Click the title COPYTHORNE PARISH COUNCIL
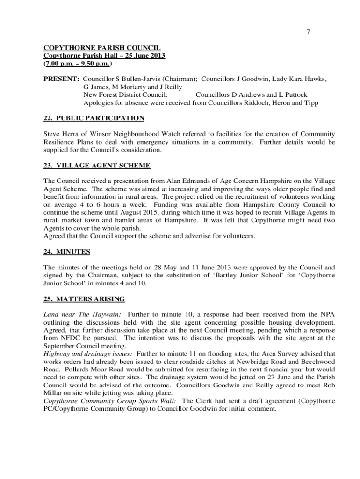coord(102,48)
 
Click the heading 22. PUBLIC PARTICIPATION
coord(94,118)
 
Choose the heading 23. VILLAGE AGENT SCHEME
coord(97,165)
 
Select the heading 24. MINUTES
coord(67,252)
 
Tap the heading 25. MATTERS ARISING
coord(84,299)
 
